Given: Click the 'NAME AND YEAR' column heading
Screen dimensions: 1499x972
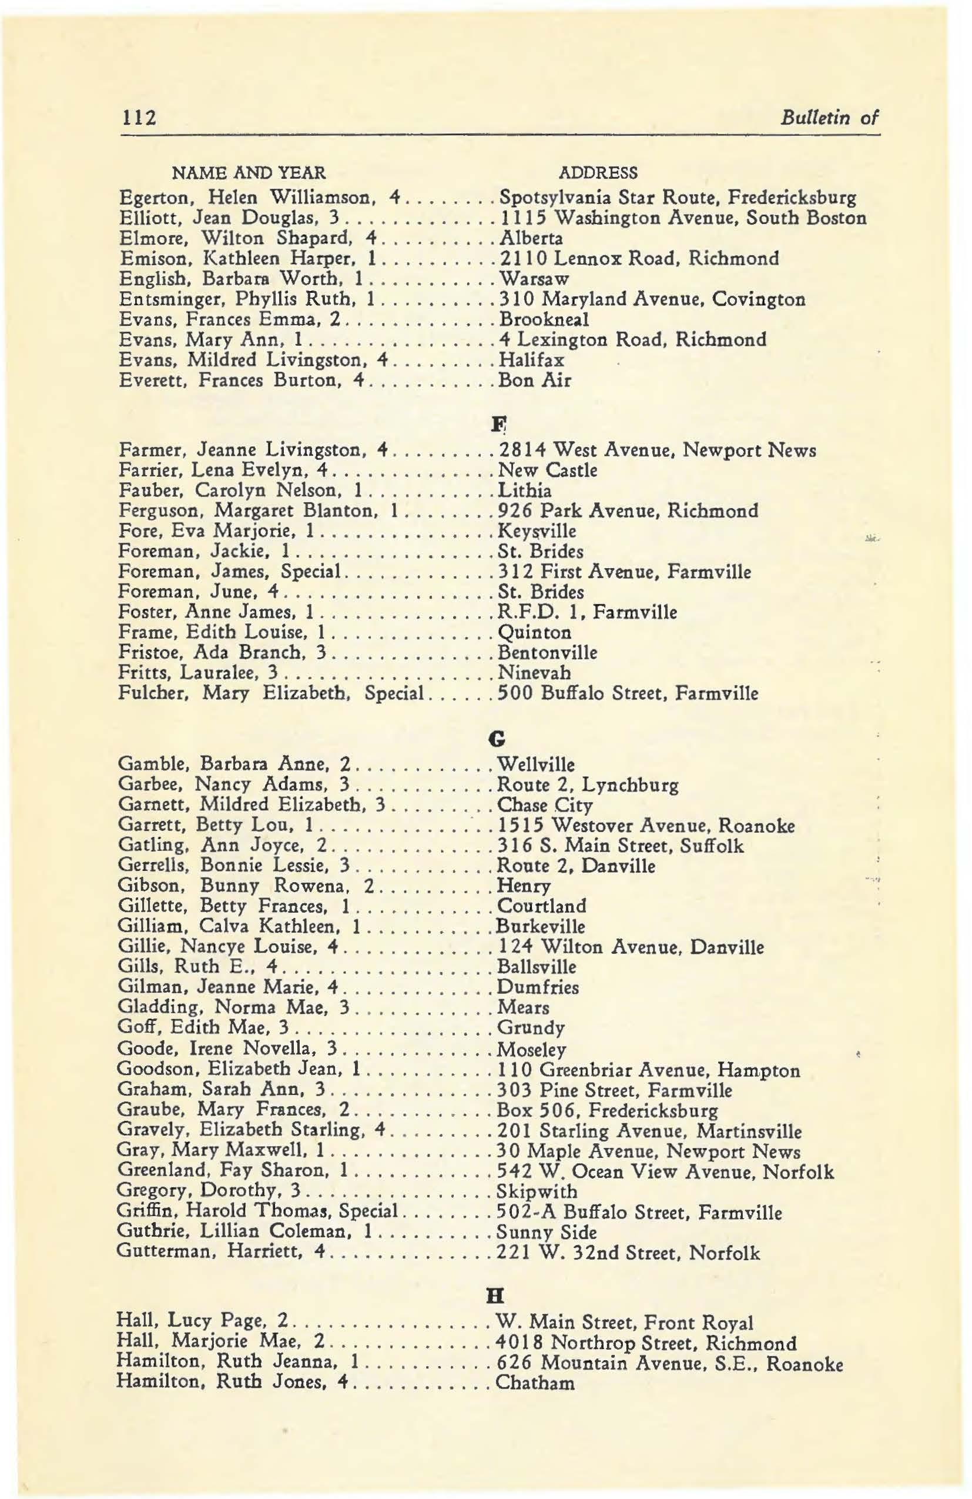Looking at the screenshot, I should tap(249, 172).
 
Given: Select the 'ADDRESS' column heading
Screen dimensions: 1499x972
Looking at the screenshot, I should tap(598, 172).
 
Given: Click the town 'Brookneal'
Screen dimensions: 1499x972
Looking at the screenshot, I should tap(543, 319).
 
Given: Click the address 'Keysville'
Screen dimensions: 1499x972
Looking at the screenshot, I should tap(537, 531).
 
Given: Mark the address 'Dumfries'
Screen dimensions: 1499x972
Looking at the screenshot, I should tap(538, 987).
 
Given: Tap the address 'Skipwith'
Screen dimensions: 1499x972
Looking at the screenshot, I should tap(537, 1191).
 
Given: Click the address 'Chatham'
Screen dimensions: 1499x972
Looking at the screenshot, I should tap(535, 1383).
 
